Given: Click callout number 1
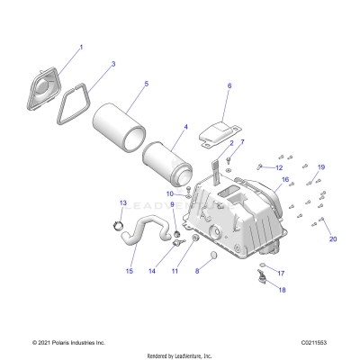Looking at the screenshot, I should (x=80, y=47).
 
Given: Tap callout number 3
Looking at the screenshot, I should (x=112, y=65).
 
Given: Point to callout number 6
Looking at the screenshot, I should (x=229, y=86).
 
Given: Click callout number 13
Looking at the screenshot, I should (x=123, y=203).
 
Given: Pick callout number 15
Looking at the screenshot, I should (x=130, y=271).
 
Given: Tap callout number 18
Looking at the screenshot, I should (x=281, y=290).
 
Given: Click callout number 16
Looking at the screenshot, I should (x=286, y=180).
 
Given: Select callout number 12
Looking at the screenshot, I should (x=279, y=167).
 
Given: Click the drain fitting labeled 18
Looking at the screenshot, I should (x=264, y=277).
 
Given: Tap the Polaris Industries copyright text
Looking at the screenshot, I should (x=69, y=343).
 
